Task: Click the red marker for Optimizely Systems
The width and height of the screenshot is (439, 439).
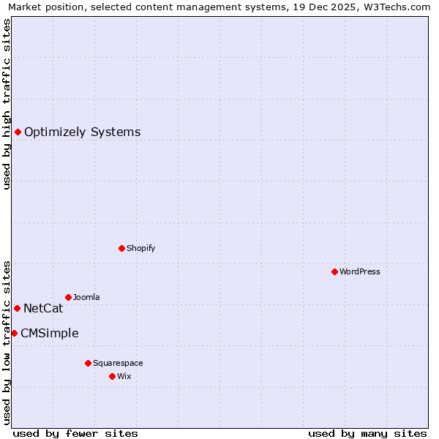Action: coord(18,132)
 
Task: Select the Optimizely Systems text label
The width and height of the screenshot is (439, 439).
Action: coord(82,132)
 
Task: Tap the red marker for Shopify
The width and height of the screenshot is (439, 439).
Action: coord(121,248)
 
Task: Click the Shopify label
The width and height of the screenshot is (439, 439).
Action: coord(140,248)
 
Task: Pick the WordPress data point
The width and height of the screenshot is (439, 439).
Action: coord(334,271)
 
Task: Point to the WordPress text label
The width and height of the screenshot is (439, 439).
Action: coord(359,271)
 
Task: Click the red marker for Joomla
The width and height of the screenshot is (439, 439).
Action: coord(68,297)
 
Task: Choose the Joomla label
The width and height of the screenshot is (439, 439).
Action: coord(86,297)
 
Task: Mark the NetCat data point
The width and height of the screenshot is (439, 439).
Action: coord(17,308)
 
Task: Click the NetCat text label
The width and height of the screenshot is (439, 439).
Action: coord(43,309)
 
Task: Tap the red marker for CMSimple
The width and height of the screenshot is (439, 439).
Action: coord(14,333)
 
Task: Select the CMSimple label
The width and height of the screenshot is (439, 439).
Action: coord(49,334)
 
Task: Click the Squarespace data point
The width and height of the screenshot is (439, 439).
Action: coord(88,363)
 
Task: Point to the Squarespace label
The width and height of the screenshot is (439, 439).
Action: coord(118,363)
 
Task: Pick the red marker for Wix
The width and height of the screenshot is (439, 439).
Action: coord(112,376)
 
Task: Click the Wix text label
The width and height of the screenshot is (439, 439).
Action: coord(124,376)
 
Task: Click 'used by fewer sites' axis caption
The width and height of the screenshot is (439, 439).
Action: coord(75,433)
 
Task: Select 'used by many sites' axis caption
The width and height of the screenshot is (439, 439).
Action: coord(367,433)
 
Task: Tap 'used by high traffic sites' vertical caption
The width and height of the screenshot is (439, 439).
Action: coord(7,104)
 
